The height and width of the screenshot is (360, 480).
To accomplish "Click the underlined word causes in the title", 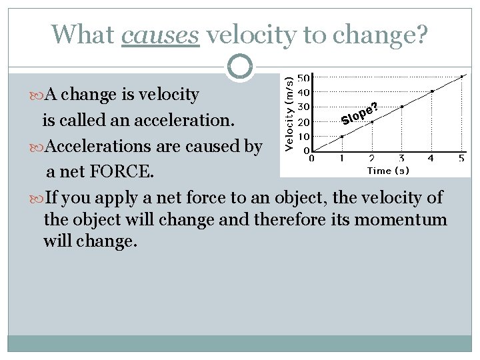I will click(161, 35).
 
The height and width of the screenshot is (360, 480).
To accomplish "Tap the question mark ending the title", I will click(421, 35).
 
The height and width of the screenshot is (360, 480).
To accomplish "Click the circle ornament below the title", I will click(240, 67).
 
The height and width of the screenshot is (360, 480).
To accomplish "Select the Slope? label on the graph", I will click(360, 114).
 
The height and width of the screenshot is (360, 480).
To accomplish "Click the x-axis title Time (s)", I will click(388, 171).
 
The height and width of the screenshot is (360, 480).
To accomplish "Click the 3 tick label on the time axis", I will click(401, 159).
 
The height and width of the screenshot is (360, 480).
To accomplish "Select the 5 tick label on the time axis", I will click(461, 159).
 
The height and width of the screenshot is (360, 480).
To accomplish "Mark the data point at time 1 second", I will click(342, 137).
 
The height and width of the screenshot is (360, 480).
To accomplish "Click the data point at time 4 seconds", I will click(432, 91).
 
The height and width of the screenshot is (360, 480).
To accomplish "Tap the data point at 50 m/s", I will click(462, 77).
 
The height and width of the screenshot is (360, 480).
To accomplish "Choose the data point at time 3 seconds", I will click(402, 107).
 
